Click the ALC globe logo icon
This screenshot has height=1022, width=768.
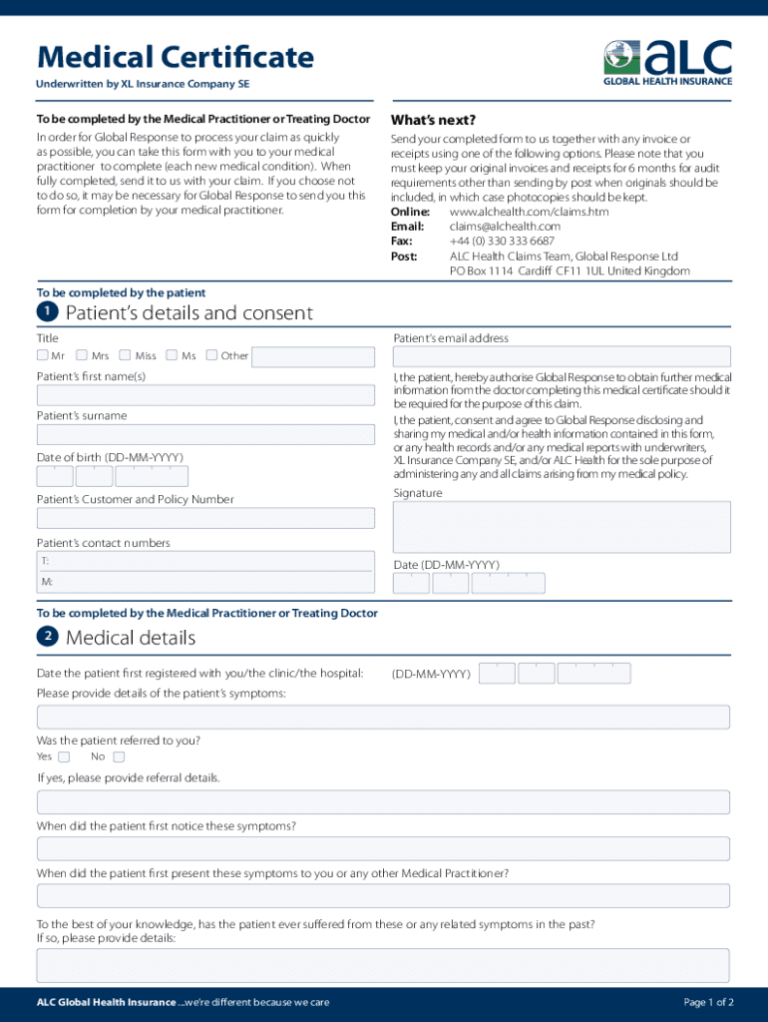(621, 57)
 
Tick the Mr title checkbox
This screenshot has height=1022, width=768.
(43, 355)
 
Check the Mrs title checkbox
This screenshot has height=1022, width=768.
(82, 355)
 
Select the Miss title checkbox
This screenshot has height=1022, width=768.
(125, 355)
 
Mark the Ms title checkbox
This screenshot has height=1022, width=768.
(172, 355)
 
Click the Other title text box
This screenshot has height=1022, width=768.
(314, 356)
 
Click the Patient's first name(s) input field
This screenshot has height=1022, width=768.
(205, 395)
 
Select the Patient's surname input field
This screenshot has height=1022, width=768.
(205, 435)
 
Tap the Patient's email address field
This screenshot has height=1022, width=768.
(562, 357)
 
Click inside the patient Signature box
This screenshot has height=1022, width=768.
(562, 526)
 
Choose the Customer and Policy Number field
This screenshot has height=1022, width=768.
(205, 518)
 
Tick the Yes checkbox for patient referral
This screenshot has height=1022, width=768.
(64, 757)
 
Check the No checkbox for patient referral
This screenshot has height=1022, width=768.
(119, 757)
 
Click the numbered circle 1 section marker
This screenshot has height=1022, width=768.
(47, 312)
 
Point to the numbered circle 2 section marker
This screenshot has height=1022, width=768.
(47, 637)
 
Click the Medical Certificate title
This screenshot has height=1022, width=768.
(176, 57)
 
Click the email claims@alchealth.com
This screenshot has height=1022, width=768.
(505, 227)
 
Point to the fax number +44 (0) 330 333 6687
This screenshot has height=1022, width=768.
(502, 242)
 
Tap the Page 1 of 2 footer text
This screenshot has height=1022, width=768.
(708, 1002)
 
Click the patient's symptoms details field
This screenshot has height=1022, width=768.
(383, 717)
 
